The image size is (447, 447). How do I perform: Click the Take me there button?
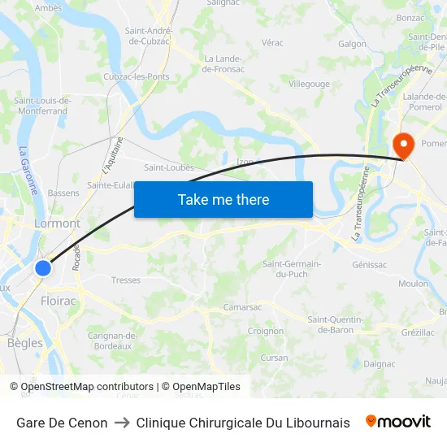(x=223, y=199)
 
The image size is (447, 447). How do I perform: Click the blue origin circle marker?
(x=44, y=267)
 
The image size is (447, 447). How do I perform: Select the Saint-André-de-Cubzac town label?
(x=147, y=36)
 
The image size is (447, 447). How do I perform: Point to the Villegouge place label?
(x=309, y=84)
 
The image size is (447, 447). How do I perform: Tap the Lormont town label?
(x=57, y=223)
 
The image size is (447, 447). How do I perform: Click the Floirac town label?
(x=57, y=301)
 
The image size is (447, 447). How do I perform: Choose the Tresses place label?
(x=126, y=280)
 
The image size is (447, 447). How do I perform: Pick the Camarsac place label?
(x=243, y=308)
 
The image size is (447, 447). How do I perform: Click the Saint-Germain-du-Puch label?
(x=292, y=269)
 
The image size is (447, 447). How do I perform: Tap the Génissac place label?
(x=370, y=265)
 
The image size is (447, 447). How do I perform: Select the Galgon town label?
(x=352, y=44)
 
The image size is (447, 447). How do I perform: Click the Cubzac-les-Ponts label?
(x=136, y=76)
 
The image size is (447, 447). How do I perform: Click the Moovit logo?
(x=398, y=422)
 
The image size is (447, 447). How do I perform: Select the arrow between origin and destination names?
(x=122, y=423)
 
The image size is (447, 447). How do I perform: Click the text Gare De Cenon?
(x=62, y=423)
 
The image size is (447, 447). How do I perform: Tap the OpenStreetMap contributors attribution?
(x=81, y=387)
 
